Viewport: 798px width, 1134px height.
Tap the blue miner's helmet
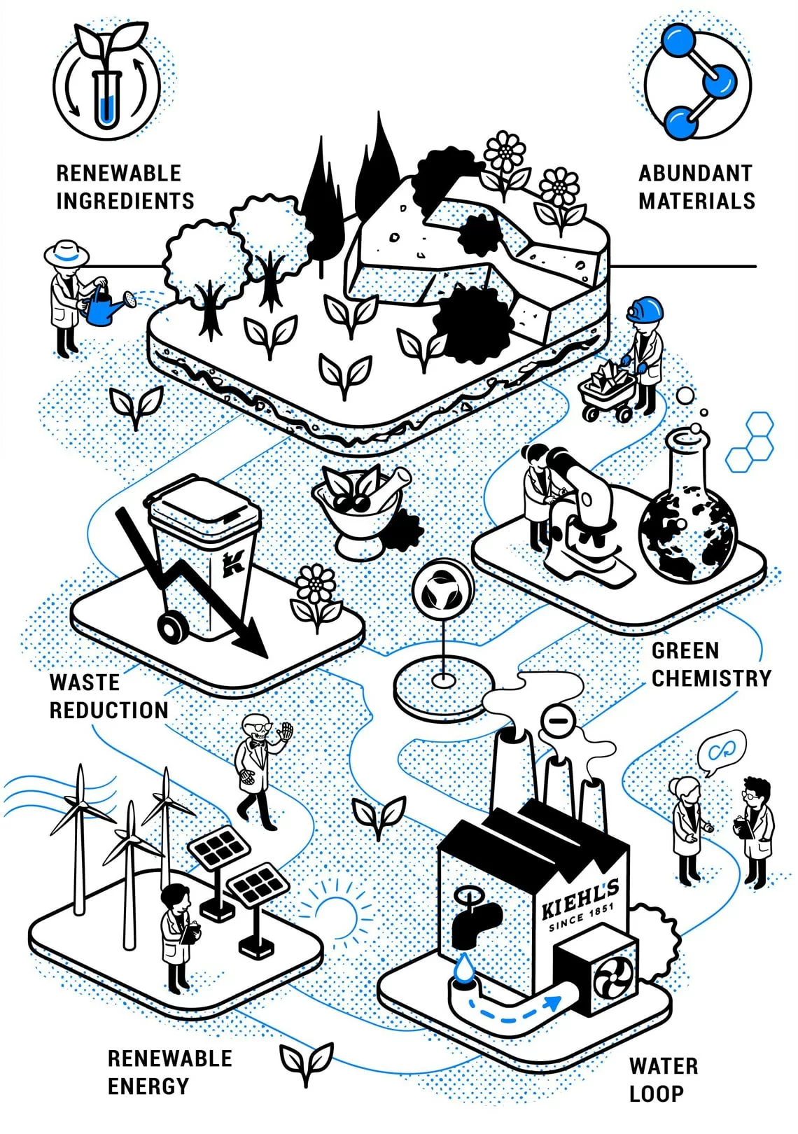645,308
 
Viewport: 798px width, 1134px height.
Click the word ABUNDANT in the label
695,173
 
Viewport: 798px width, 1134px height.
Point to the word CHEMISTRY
711,678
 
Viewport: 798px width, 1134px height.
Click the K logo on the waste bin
233,562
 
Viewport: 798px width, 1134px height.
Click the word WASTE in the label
85,682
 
